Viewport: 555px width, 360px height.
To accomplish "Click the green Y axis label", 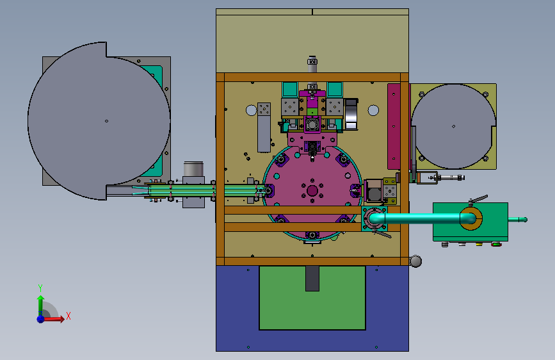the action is [40, 288].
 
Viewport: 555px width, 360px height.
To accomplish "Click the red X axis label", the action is [68, 316].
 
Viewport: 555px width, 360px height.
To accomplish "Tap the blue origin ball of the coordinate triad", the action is [41, 319].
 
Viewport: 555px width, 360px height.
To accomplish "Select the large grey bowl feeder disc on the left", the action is [99, 121].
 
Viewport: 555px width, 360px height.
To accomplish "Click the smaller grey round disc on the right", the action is [453, 126].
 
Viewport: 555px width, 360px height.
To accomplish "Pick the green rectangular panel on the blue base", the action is [312, 299].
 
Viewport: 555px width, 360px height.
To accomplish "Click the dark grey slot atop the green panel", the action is [312, 279].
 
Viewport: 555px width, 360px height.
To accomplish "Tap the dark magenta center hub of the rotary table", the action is [312, 191].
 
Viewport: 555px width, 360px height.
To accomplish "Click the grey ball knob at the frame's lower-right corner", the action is [416, 261].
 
